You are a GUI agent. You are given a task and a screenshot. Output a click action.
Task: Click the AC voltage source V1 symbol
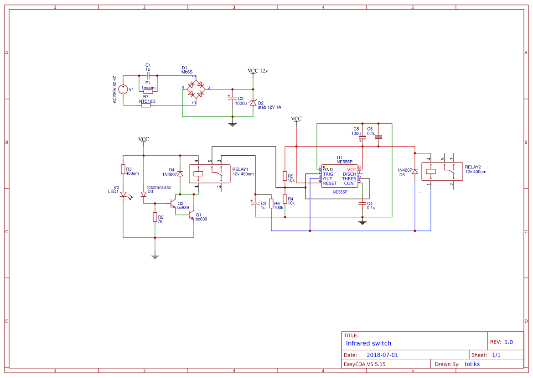tap(123, 89)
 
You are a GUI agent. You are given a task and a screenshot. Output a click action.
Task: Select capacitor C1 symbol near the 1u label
tap(148, 75)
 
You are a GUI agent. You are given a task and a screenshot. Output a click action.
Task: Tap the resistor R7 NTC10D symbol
tap(146, 105)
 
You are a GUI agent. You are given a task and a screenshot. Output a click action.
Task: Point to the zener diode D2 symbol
tap(253, 103)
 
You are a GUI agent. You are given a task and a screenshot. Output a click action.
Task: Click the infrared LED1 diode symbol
tap(123, 194)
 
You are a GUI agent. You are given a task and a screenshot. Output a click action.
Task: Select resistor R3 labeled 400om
tap(123, 170)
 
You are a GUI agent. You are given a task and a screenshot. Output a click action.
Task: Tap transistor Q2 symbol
tap(174, 203)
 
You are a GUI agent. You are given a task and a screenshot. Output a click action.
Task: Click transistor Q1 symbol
tap(191, 215)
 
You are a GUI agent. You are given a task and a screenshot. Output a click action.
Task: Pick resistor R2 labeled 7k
tap(155, 218)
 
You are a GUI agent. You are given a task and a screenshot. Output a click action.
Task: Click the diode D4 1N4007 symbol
tap(180, 173)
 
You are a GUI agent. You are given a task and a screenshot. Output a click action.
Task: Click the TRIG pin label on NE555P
tap(328, 174)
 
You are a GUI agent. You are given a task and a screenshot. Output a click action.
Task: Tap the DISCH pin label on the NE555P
tap(349, 174)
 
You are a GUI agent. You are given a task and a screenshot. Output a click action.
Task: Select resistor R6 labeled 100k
tap(271, 204)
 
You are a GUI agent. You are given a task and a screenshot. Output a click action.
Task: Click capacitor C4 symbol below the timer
tap(362, 204)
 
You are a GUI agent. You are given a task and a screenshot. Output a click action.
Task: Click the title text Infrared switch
tap(368, 343)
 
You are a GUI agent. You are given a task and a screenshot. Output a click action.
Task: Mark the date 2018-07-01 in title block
tap(382, 355)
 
